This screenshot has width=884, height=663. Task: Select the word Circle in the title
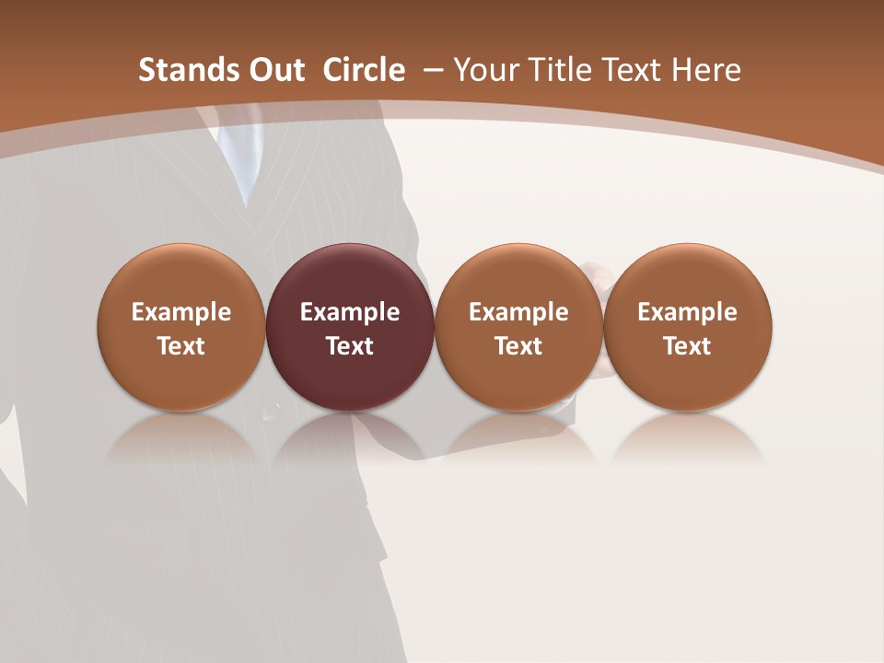coord(364,70)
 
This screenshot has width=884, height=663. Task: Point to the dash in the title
coord(431,70)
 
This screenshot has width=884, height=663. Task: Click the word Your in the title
coord(486,70)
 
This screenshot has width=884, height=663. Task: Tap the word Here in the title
coord(705,70)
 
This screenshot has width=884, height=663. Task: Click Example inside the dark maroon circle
coord(350,313)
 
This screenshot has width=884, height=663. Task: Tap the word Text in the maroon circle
coord(350,346)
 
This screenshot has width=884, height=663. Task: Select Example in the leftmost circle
coord(180,313)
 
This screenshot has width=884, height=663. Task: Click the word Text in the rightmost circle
coord(687,346)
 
